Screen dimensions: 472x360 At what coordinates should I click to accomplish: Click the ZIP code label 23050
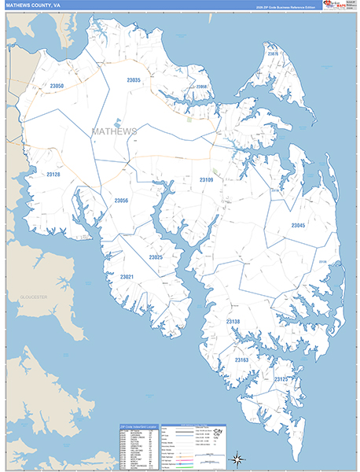pyautogui.click(x=56, y=86)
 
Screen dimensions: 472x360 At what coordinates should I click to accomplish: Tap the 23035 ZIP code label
pyautogui.click(x=134, y=80)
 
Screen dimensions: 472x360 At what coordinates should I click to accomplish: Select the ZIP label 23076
pyautogui.click(x=273, y=53)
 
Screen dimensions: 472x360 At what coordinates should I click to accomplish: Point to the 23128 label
pyautogui.click(x=53, y=174)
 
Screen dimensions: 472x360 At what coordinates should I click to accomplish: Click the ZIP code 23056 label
pyautogui.click(x=121, y=201)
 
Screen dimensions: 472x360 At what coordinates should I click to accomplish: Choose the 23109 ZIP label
pyautogui.click(x=206, y=180)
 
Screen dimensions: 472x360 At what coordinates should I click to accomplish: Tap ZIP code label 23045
pyautogui.click(x=298, y=226)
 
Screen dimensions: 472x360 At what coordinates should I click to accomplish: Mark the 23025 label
pyautogui.click(x=156, y=257)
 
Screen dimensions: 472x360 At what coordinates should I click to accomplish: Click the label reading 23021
pyautogui.click(x=127, y=276)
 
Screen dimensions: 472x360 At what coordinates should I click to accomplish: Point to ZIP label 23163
pyautogui.click(x=241, y=360)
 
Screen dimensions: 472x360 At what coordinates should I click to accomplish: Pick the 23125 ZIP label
pyautogui.click(x=281, y=379)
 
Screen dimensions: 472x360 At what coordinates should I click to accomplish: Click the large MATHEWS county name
pyautogui.click(x=114, y=131)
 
